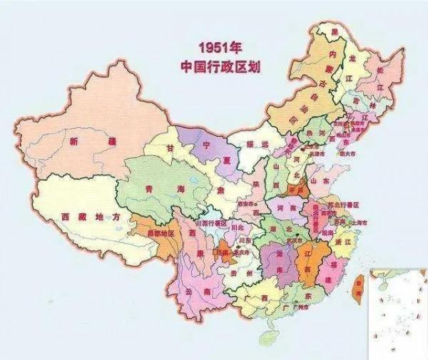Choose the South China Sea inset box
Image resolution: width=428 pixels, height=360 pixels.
click(x=397, y=313)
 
